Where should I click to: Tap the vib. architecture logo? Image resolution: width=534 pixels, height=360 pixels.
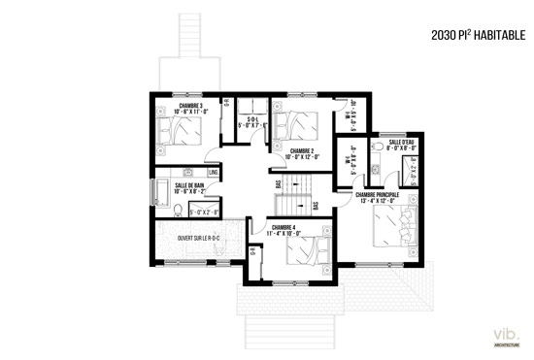[506, 337]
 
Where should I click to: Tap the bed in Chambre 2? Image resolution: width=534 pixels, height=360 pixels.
[292, 123]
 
